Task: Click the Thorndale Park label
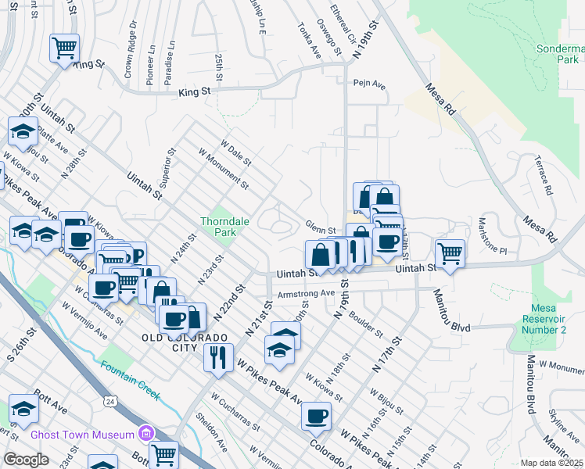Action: pyautogui.click(x=224, y=227)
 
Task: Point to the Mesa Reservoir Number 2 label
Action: pyautogui.click(x=547, y=319)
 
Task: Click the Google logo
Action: pyautogui.click(x=26, y=460)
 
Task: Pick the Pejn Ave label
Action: pyautogui.click(x=369, y=83)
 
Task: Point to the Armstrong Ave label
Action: pyautogui.click(x=306, y=295)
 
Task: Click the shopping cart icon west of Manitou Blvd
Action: pyautogui.click(x=450, y=253)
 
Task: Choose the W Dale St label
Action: pyautogui.click(x=235, y=153)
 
